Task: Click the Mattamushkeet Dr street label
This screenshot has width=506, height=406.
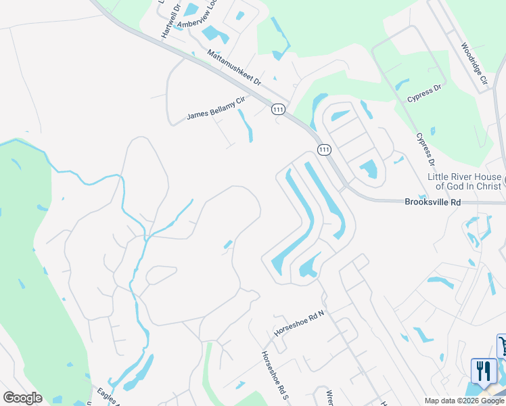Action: [234, 67]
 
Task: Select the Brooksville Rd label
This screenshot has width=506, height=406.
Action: [432, 202]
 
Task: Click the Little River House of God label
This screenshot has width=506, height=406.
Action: [465, 181]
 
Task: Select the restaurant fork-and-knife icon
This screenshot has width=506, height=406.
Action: [483, 371]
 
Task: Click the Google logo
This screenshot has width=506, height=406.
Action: [22, 398]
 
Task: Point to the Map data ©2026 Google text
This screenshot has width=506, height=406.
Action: [465, 401]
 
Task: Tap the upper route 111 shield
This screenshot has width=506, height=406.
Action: [278, 109]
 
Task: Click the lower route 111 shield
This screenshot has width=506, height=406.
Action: [324, 149]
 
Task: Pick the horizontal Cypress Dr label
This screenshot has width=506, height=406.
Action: [424, 93]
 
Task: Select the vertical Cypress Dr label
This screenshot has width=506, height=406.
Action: [425, 150]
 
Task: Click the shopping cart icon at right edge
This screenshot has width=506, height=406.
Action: [502, 346]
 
